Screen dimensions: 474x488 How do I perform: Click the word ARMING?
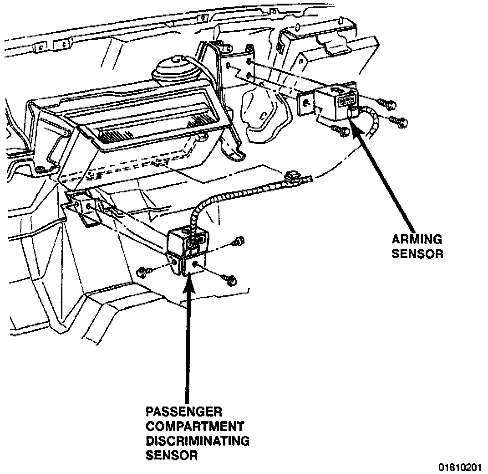coord(417,239)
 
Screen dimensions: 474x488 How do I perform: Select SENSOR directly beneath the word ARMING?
coord(417,253)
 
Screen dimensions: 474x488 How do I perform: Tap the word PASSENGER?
coord(184,412)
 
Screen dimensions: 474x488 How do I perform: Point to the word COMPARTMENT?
coord(195,427)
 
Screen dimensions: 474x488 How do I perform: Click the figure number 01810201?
coord(460,468)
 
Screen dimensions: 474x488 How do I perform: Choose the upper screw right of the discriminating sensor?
coord(239,241)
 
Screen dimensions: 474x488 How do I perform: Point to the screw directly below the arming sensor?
coord(343,131)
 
